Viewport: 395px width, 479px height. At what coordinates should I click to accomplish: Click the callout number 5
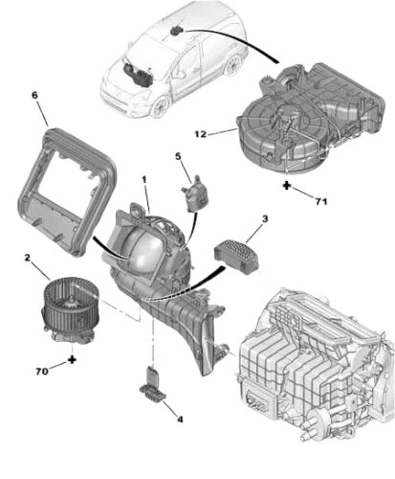click(x=177, y=157)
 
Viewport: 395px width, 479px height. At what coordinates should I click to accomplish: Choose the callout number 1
click(x=144, y=180)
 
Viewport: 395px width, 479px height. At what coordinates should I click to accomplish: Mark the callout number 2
click(x=29, y=258)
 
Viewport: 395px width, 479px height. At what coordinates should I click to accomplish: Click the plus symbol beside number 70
click(x=73, y=360)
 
